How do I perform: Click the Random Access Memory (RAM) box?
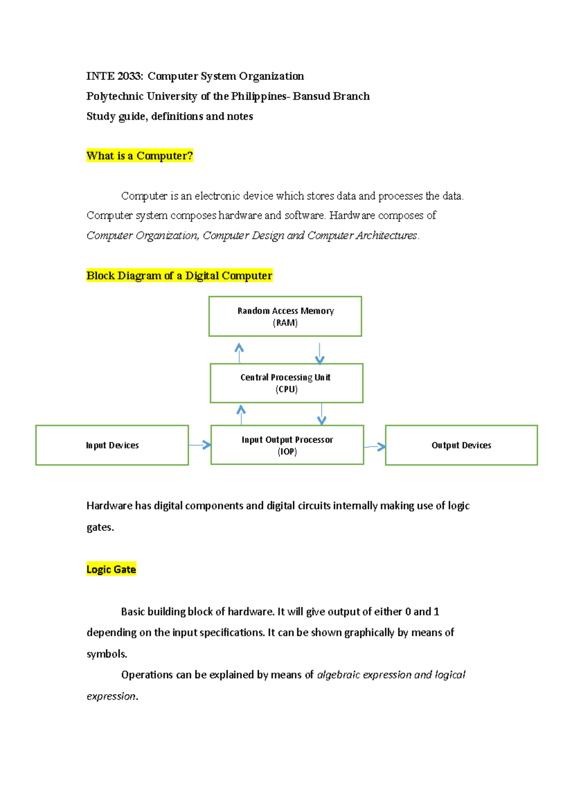tap(285, 316)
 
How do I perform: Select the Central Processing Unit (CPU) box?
tap(286, 383)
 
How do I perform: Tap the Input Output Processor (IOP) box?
tap(287, 445)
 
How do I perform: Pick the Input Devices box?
tap(112, 445)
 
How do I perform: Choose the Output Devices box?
tap(461, 445)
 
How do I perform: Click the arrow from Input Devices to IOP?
tap(200, 445)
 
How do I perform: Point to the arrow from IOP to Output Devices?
tap(375, 447)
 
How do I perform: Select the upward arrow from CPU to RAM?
tap(239, 353)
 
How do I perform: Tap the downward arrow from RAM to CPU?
tap(319, 353)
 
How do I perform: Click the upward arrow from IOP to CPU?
tap(241, 415)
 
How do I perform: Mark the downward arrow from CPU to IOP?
tap(322, 414)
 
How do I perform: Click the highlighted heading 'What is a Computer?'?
tap(140, 156)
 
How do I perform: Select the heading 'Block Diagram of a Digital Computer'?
tap(179, 276)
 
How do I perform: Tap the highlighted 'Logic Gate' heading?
tap(111, 569)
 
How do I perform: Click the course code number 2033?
tap(129, 76)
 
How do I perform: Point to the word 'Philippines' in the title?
tap(258, 96)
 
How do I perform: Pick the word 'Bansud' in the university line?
tap(310, 96)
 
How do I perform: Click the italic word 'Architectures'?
tap(387, 236)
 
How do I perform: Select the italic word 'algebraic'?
tap(338, 675)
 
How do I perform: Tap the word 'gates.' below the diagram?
tap(100, 528)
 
